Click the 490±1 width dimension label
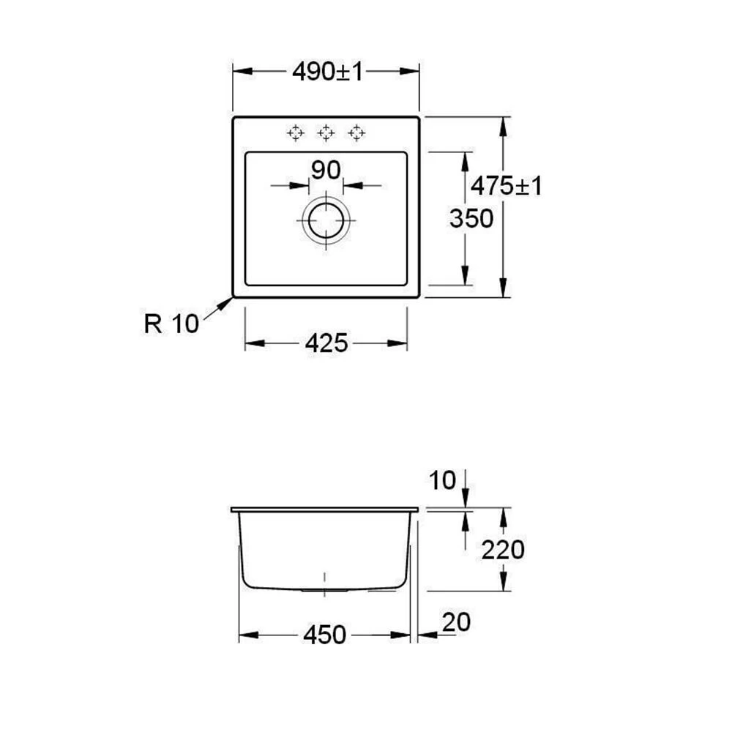pos(328,72)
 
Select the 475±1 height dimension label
pos(506,186)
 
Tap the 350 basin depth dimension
pos(471,218)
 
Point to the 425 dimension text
pos(326,343)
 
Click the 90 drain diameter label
pos(326,170)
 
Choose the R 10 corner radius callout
pos(171,324)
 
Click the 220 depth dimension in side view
pos(503,550)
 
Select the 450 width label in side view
pos(324,635)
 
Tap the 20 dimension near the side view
pos(456,622)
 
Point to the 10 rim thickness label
pos(441,480)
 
